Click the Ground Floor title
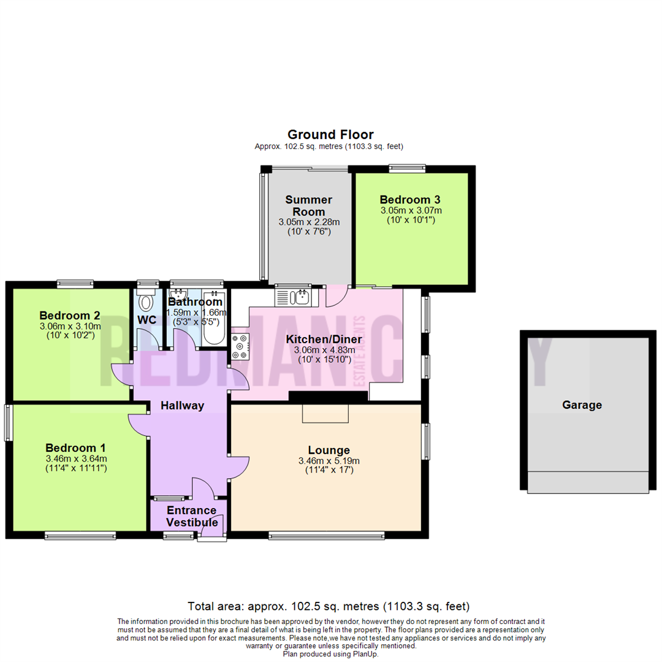(330, 134)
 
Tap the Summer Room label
(309, 206)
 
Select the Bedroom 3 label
(410, 199)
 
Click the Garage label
(582, 405)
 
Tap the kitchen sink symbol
(294, 297)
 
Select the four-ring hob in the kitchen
(240, 347)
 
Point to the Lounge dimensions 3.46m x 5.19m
(329, 461)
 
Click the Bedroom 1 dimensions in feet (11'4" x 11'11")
(77, 468)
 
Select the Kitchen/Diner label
(324, 340)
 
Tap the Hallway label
(182, 405)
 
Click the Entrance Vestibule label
(192, 516)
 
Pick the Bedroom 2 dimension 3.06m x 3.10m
(69, 326)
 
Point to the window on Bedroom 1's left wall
(8, 422)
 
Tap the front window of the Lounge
(326, 536)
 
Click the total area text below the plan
(329, 607)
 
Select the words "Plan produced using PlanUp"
(330, 654)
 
